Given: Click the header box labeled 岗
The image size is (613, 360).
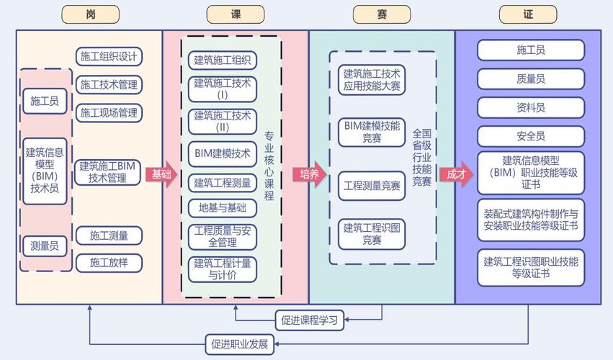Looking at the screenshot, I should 90,14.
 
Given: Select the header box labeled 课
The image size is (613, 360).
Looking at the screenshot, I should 236,14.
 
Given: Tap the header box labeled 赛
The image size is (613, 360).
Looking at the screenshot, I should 382,14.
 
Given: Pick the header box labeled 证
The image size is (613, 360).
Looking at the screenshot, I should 528,14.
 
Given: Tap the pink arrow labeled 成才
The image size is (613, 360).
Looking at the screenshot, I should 457,174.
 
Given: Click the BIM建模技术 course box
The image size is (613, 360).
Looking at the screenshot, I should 223,153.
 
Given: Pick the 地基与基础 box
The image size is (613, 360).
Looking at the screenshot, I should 223,208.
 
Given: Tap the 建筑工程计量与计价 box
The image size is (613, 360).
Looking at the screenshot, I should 223,269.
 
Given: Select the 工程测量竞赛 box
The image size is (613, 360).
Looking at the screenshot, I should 372,186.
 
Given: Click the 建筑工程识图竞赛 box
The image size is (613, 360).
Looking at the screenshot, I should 372,234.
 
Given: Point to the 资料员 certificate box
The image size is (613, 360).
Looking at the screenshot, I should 531,108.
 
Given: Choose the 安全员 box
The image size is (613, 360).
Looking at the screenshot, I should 531,136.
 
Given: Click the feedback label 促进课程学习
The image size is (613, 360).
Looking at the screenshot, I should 310,319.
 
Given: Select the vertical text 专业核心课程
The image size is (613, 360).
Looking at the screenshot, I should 269,166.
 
